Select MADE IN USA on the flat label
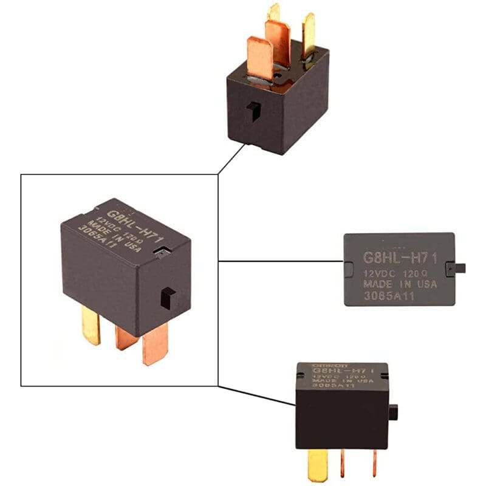400,284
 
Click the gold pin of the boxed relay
91,325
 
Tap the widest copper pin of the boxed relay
156,343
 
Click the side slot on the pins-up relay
254,111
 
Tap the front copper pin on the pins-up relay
260,58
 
